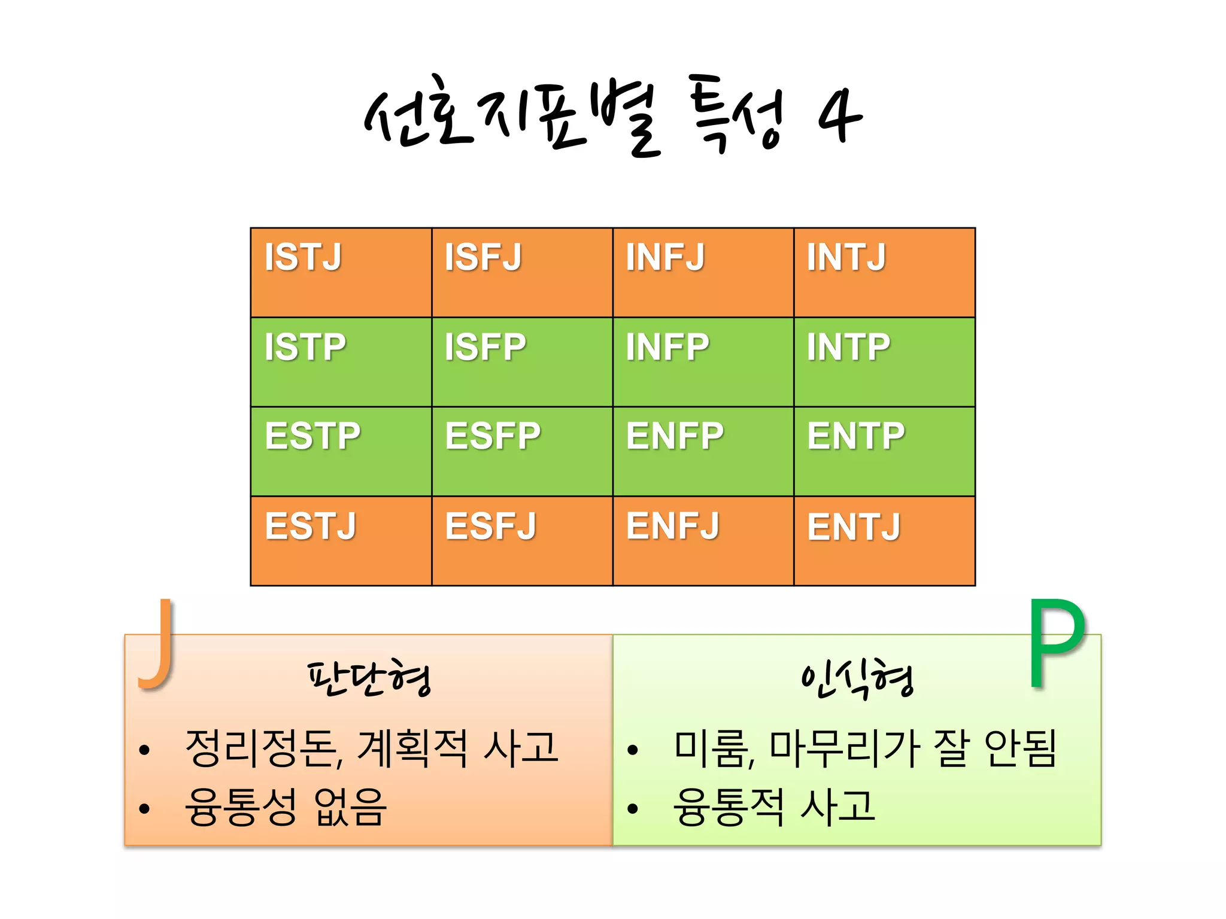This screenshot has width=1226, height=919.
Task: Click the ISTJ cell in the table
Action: click(x=341, y=272)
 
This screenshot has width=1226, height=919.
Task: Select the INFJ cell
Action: click(x=703, y=272)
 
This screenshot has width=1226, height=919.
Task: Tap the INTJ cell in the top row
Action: click(x=884, y=272)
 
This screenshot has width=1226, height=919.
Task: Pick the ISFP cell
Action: click(x=521, y=362)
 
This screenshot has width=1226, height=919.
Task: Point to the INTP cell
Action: click(x=884, y=362)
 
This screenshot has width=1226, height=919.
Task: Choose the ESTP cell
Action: click(x=341, y=452)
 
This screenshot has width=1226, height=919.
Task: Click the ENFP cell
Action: click(x=703, y=452)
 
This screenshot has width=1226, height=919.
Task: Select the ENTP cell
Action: click(x=884, y=452)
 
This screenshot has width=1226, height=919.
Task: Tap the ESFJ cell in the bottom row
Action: click(x=521, y=541)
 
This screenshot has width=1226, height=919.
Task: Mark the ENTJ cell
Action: click(x=884, y=541)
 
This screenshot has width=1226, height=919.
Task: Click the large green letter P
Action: click(x=1057, y=644)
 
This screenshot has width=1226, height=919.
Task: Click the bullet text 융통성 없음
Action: click(x=286, y=807)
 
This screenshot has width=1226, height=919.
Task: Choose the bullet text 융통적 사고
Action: click(x=774, y=807)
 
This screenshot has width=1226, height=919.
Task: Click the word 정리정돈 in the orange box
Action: click(x=260, y=748)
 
